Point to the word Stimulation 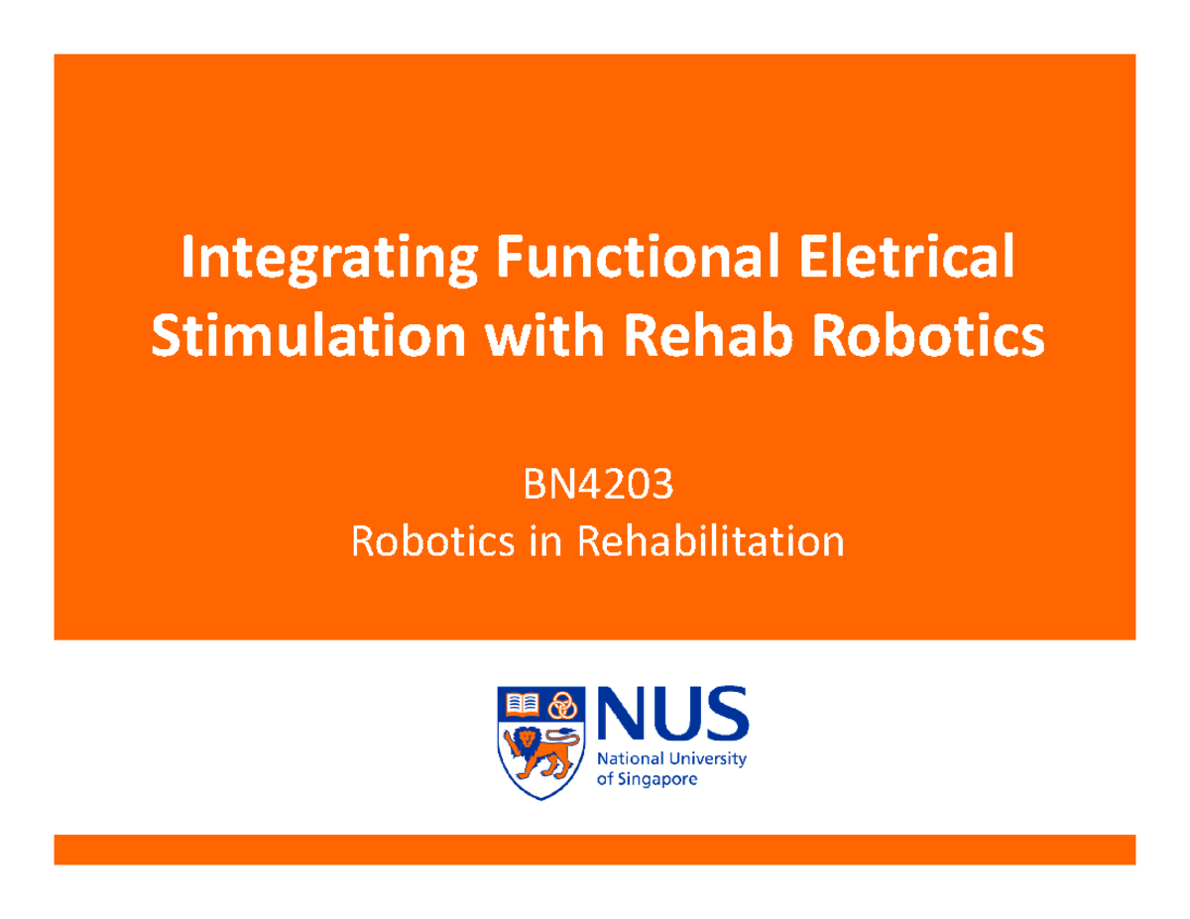coord(309,338)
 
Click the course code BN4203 coord(598,488)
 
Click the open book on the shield coord(523,705)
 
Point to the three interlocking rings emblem coord(563,705)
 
